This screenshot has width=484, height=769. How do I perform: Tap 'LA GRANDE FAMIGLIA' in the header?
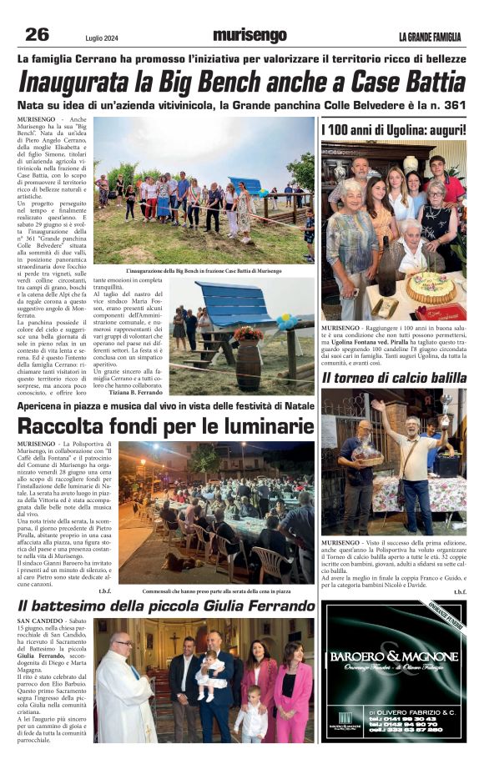click(x=429, y=37)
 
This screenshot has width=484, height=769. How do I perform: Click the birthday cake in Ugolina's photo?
click(x=431, y=286)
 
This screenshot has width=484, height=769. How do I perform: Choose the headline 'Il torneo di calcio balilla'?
click(x=394, y=378)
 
